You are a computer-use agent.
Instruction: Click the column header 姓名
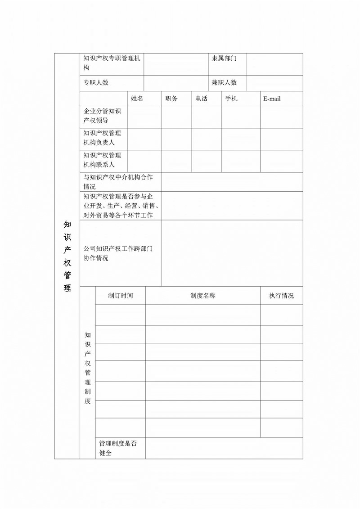point(137,99)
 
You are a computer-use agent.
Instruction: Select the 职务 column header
point(171,99)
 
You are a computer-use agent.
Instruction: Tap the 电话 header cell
point(201,99)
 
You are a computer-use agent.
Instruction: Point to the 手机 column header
point(231,99)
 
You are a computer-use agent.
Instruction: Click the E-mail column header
point(272,99)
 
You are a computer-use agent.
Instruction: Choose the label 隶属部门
point(224,59)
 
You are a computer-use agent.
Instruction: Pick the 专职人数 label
point(96,83)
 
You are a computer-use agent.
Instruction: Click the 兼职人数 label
point(224,83)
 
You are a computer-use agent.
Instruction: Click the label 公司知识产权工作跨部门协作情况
point(118,253)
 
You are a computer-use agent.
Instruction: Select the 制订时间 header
point(121,296)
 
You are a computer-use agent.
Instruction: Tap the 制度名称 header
point(202,296)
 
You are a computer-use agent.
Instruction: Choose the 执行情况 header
point(281,296)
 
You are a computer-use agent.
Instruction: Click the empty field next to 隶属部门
point(274,64)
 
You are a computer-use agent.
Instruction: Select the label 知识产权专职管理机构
point(112,63)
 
